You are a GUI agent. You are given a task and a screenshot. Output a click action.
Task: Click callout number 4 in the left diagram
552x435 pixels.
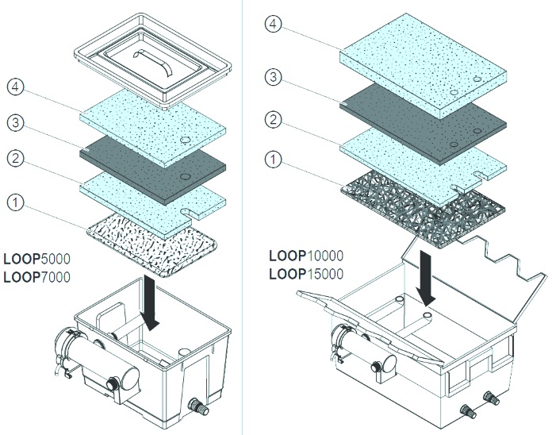(17, 87)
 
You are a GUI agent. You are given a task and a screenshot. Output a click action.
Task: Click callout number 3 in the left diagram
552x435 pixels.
(17, 124)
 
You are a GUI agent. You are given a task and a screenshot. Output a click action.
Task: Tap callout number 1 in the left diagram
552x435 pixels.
(17, 204)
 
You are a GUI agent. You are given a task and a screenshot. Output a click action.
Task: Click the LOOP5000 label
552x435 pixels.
(36, 258)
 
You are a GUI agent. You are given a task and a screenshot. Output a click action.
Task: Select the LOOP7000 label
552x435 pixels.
(36, 277)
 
